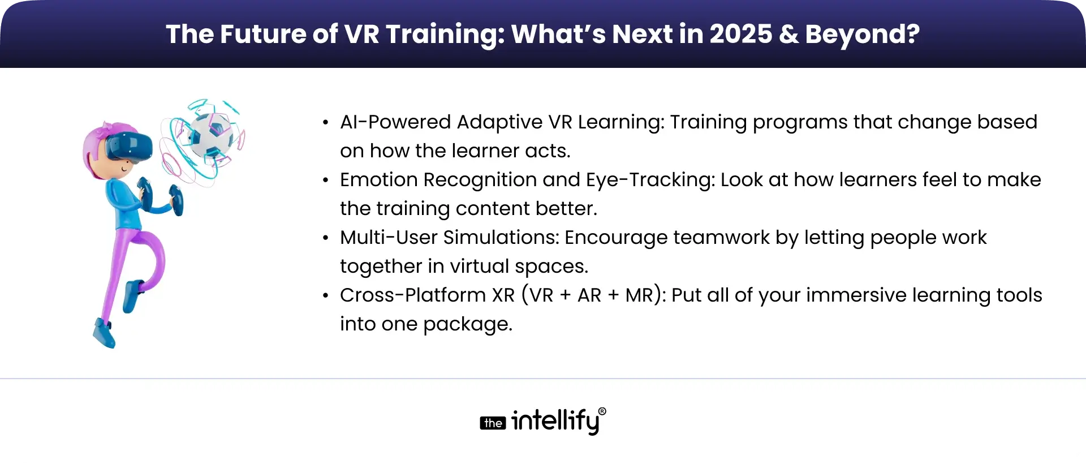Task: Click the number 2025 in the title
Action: [741, 34]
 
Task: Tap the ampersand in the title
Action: [788, 34]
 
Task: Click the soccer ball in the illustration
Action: [211, 135]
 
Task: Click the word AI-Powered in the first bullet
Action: [395, 122]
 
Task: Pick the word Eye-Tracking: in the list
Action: [650, 181]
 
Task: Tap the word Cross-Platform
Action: [412, 295]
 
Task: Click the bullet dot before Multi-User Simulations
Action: [325, 238]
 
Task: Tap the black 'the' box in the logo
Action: [493, 423]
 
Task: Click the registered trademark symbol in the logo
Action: [602, 411]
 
